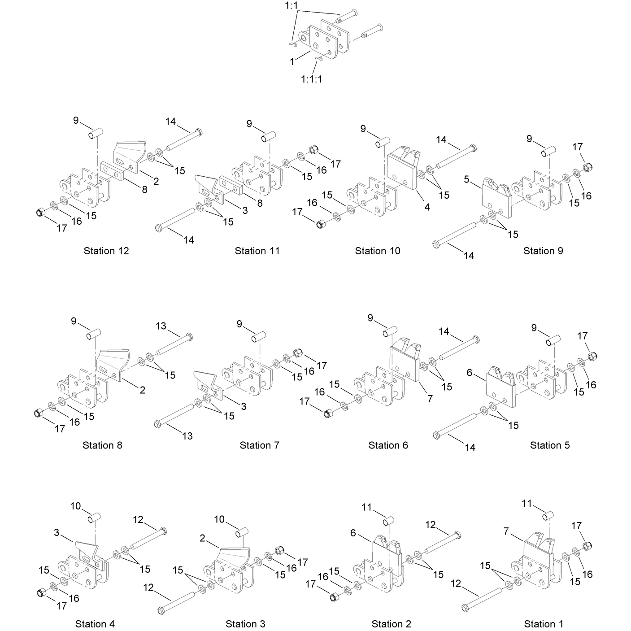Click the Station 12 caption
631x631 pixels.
pos(106,251)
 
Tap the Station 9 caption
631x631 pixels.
pos(543,251)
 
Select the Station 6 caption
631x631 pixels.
pos(388,445)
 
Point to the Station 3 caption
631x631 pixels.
pos(245,624)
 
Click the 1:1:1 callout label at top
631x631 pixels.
pos(312,79)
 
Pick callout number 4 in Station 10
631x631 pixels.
pos(427,207)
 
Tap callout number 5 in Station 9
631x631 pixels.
pos(466,179)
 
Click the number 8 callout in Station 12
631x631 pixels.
pos(144,190)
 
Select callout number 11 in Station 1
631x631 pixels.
pos(527,503)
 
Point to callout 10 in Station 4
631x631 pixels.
pos(75,506)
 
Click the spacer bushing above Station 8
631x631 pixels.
pos(94,335)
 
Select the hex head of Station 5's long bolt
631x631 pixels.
pos(436,435)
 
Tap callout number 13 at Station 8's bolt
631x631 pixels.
pos(161,326)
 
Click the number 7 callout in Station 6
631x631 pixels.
pos(430,399)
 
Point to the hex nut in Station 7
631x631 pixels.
pos(298,353)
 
